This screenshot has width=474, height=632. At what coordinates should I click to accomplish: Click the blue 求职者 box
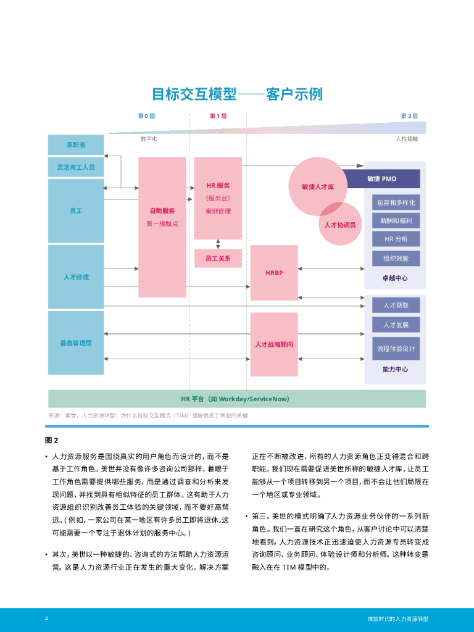pos(76,145)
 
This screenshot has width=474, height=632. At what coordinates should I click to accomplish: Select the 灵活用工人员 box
pos(76,167)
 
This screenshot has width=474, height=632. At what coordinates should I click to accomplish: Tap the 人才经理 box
pos(76,277)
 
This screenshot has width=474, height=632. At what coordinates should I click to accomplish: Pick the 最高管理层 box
pos(76,343)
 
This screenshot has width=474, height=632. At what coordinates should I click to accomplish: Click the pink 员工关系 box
pos(218,258)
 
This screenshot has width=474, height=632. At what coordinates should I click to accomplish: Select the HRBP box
pos(274,273)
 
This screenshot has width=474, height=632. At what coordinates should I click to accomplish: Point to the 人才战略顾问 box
pos(274,344)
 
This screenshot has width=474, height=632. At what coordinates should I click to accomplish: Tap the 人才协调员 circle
pos(340,224)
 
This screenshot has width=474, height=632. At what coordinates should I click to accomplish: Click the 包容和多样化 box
pos(396,202)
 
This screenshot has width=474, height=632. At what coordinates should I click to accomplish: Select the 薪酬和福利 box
pos(396,221)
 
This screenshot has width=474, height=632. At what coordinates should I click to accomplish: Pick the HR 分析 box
pos(396,239)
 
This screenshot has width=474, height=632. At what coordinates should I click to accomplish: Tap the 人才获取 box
pos(396,305)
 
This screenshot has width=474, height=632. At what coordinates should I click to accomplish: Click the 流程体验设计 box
pos(396,349)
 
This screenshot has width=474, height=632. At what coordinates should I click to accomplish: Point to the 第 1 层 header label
pos(218,116)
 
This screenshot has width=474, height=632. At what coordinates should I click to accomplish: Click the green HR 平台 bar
pos(237,399)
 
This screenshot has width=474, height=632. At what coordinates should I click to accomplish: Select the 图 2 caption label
pos(51,440)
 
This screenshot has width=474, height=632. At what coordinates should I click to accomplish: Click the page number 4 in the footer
pos(46,618)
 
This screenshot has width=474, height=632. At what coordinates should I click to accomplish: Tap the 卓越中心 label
pos(395,278)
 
